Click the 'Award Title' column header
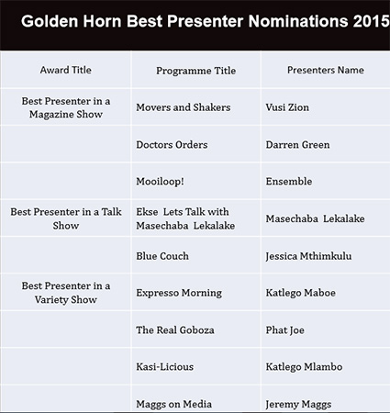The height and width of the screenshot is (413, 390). click(x=66, y=70)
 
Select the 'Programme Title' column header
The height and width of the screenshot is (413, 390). click(x=196, y=71)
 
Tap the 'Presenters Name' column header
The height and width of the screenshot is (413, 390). click(x=326, y=70)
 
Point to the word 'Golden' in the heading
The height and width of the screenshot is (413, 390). click(x=50, y=21)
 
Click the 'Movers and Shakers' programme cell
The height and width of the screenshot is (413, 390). click(x=184, y=107)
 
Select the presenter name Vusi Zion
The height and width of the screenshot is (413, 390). click(x=287, y=107)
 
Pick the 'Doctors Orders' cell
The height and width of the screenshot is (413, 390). click(x=172, y=145)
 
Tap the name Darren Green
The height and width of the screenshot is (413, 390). click(x=297, y=145)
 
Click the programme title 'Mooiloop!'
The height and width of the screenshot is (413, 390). click(x=160, y=182)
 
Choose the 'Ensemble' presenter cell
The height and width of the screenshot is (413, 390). click(x=289, y=182)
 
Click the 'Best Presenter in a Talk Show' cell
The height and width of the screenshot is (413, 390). click(x=66, y=218)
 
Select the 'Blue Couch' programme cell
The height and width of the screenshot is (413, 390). click(x=162, y=256)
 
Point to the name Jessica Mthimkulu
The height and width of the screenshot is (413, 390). click(x=308, y=256)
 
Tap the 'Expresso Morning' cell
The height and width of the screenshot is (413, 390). click(x=179, y=293)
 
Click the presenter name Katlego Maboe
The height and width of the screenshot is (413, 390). click(x=300, y=293)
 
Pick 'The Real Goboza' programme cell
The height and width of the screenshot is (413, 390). click(x=175, y=330)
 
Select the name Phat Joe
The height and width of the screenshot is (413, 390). click(x=284, y=330)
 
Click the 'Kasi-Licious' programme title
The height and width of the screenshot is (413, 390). click(x=165, y=367)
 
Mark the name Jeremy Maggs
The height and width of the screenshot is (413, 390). click(x=298, y=405)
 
